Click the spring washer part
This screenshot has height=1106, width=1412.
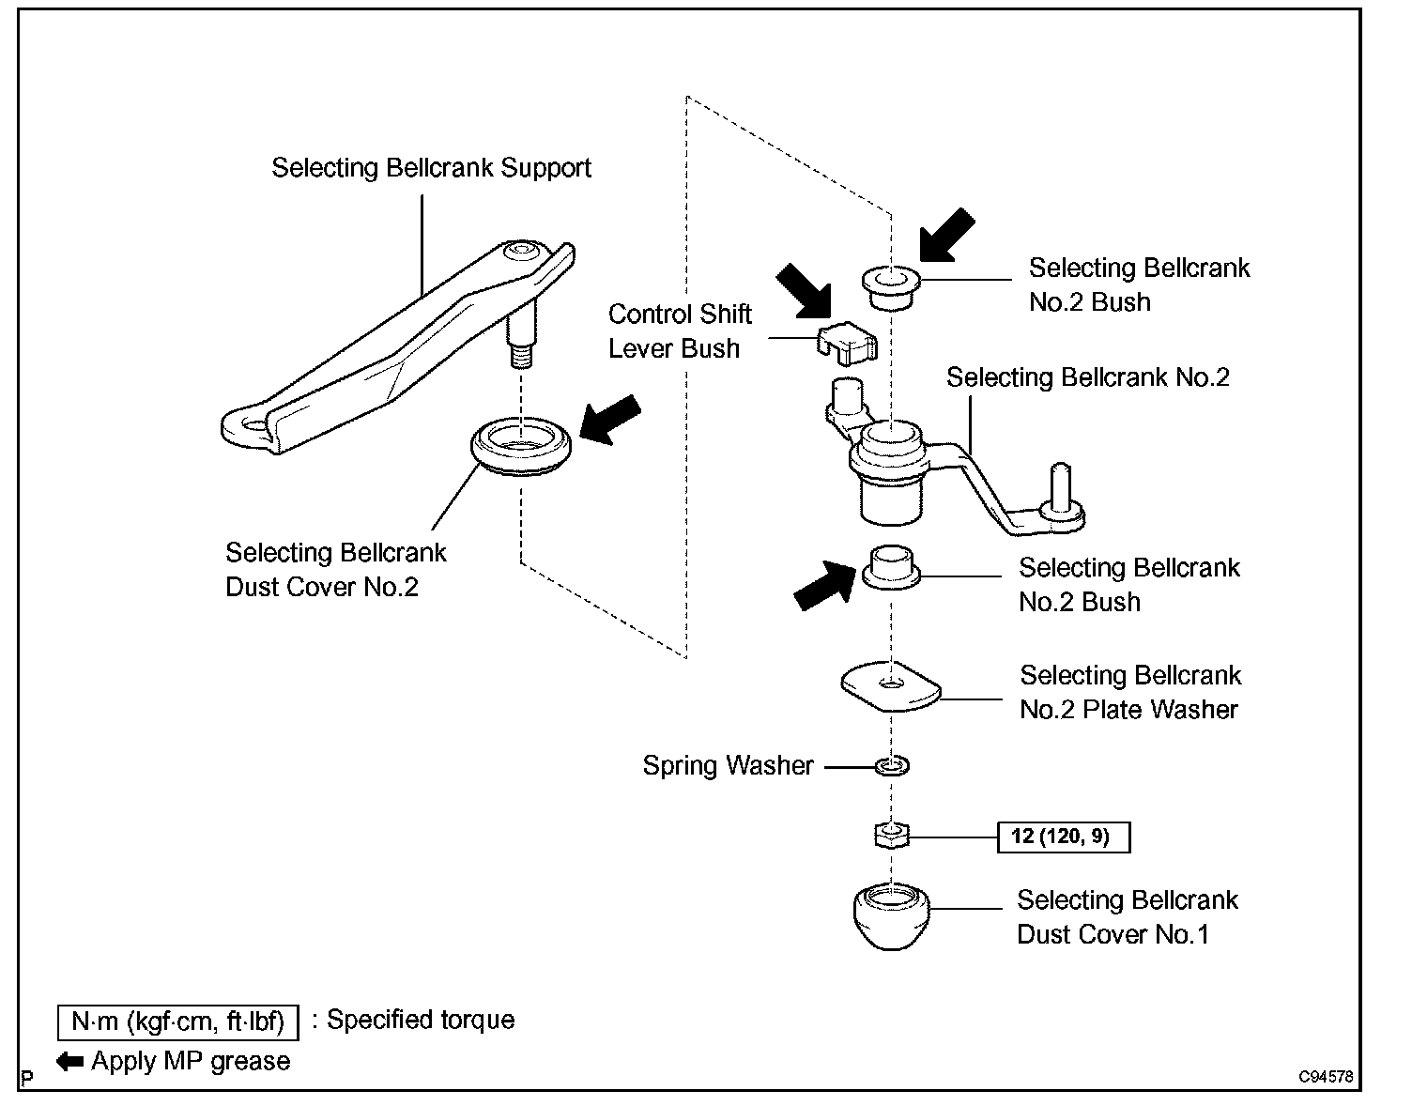tap(892, 766)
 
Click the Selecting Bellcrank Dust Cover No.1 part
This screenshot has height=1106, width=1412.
tap(891, 914)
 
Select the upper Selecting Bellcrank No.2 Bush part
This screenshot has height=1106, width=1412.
tap(891, 285)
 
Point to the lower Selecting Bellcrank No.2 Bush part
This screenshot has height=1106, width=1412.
tap(891, 567)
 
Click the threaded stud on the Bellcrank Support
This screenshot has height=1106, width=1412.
tap(519, 355)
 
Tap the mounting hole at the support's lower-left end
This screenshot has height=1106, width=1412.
tap(251, 427)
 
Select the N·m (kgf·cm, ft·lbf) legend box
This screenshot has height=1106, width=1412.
tap(177, 1022)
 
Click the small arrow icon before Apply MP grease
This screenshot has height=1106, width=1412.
tap(70, 1062)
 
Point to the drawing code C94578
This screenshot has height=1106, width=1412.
tap(1326, 1077)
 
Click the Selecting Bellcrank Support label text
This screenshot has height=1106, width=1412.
tap(431, 168)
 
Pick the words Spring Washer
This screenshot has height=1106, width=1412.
tap(728, 766)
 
